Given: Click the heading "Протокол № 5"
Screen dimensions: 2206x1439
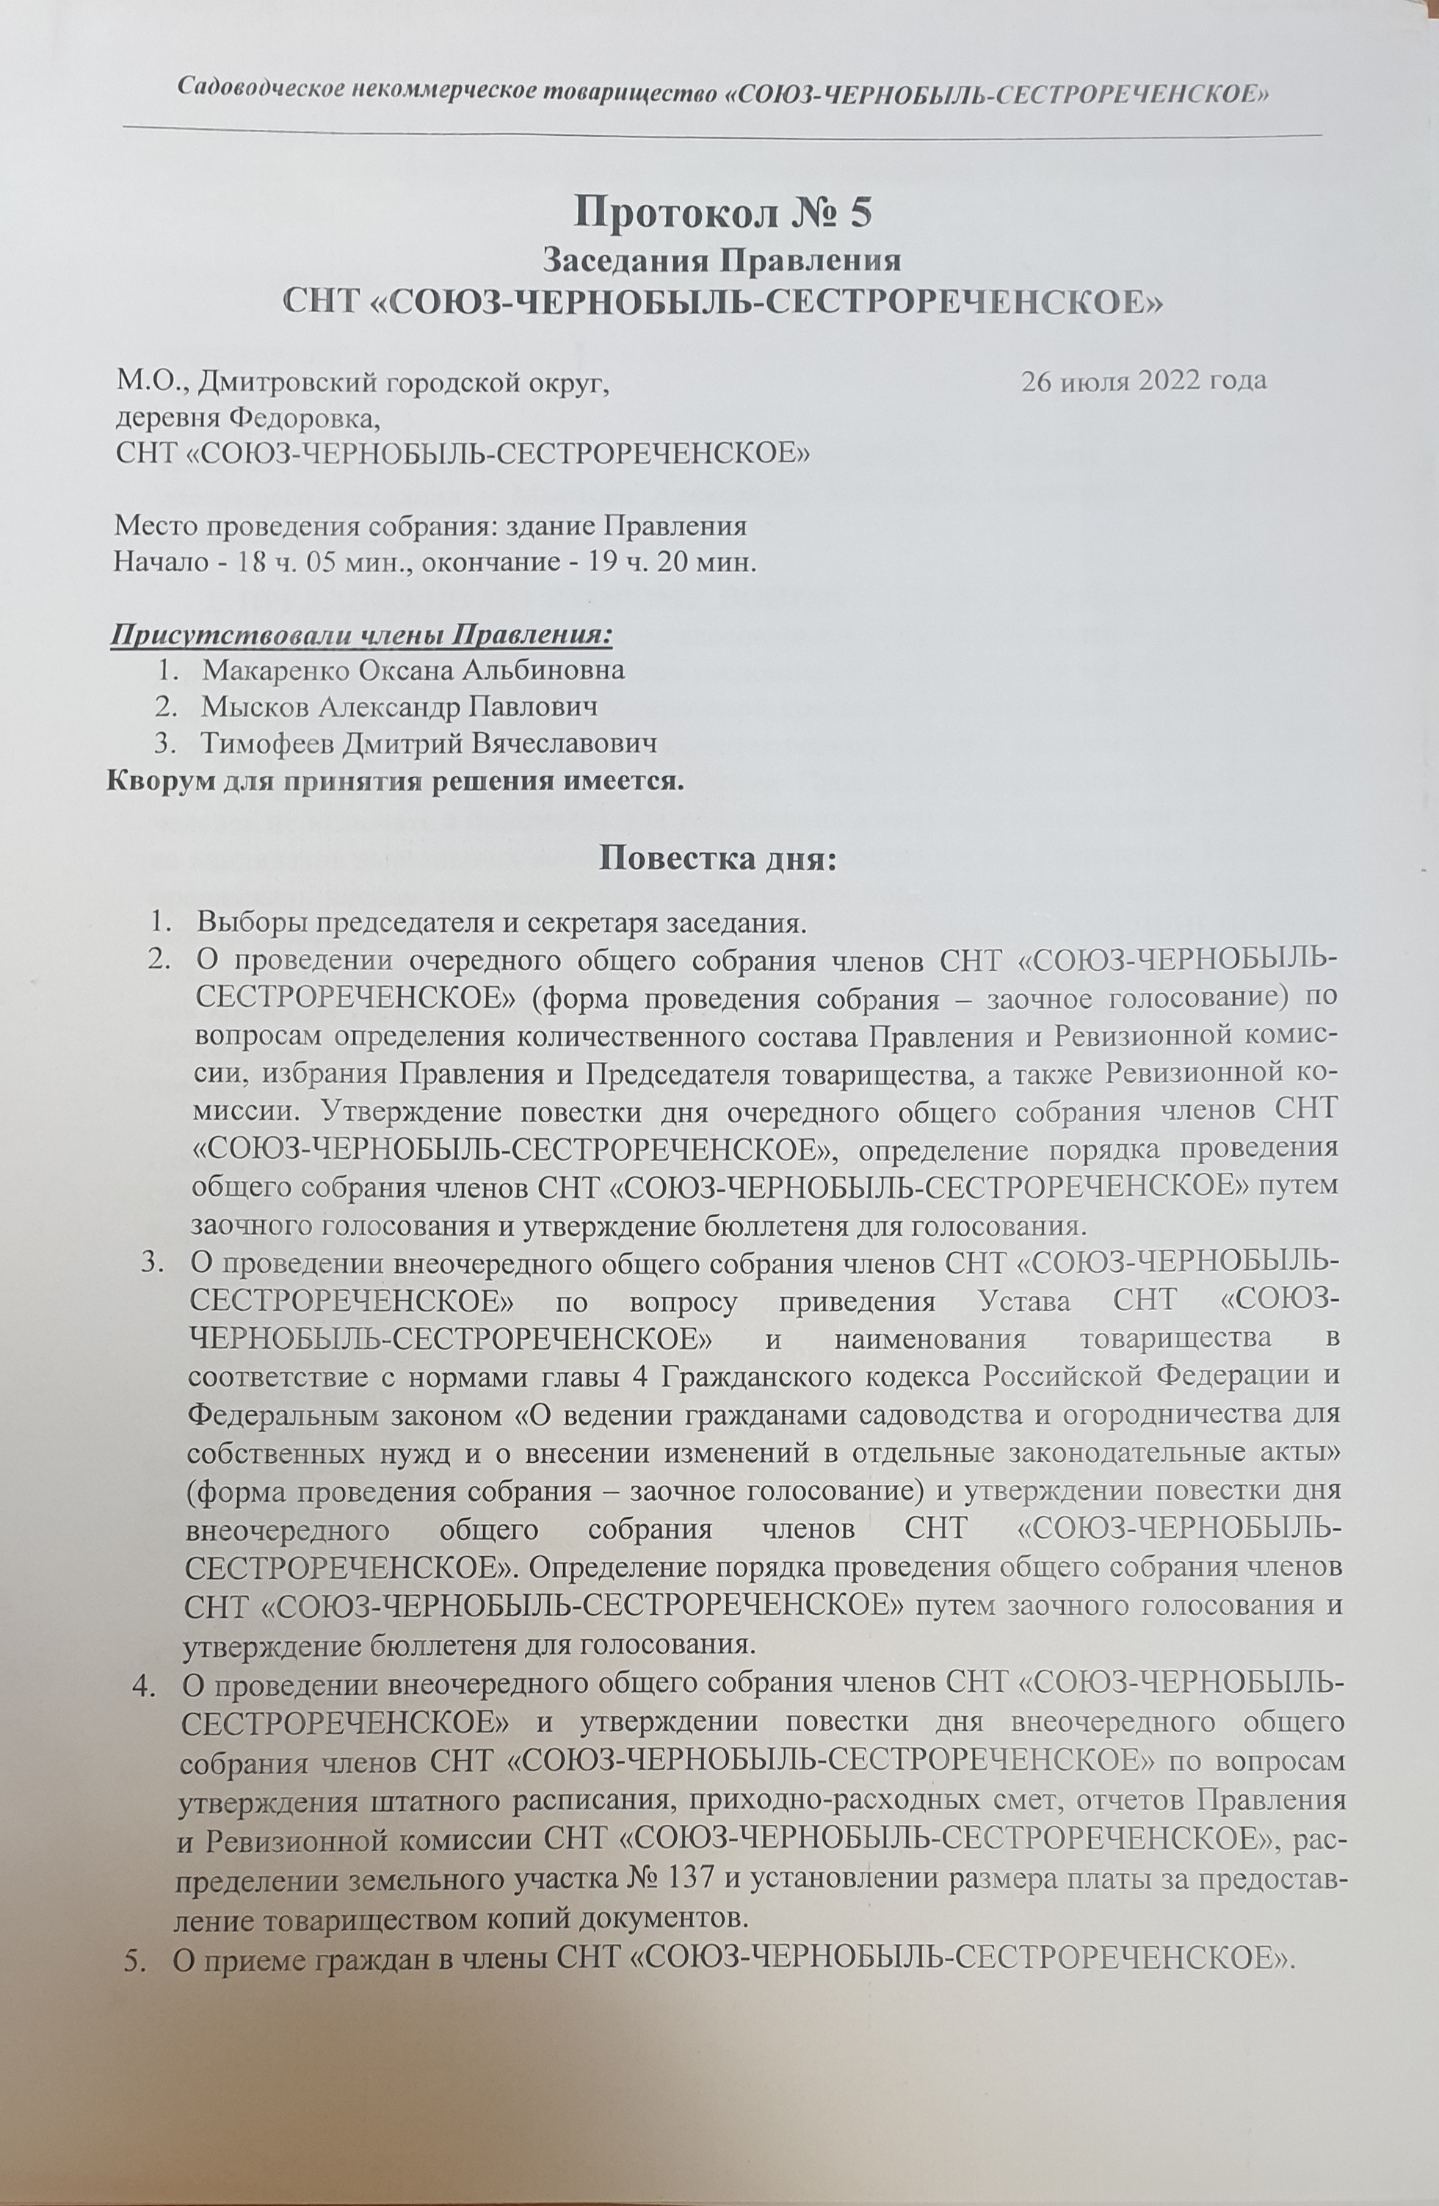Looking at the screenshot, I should point(722,212).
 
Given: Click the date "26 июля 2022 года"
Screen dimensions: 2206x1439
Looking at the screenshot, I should point(1143,381).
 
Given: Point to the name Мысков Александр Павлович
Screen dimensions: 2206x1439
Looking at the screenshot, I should point(399,707).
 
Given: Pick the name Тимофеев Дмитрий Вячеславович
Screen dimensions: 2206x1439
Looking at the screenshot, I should point(430,745).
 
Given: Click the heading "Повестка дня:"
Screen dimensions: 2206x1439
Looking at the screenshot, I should point(718,858).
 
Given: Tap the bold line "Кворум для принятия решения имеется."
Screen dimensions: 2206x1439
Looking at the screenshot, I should point(396,781).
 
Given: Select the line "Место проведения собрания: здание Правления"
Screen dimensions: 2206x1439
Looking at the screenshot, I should point(429,527).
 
